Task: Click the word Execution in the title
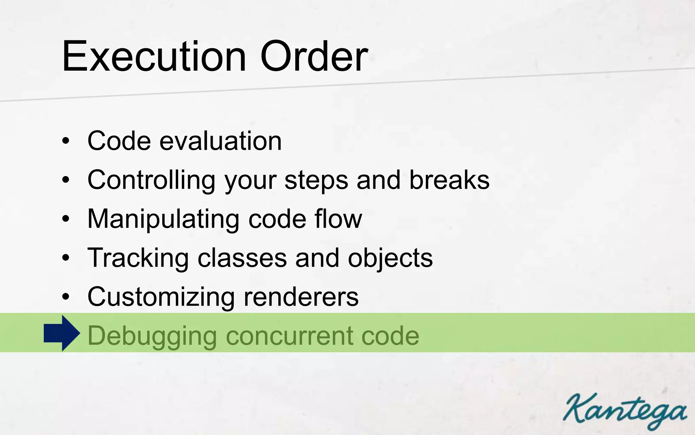tap(154, 56)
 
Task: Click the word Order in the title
tap(314, 56)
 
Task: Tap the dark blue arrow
tap(62, 333)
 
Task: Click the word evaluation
tap(221, 141)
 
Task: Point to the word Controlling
tap(151, 180)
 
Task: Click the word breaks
tap(449, 180)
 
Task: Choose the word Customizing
tap(161, 297)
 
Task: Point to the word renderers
tap(301, 297)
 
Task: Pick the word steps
tap(316, 180)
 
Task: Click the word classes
tap(242, 258)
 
